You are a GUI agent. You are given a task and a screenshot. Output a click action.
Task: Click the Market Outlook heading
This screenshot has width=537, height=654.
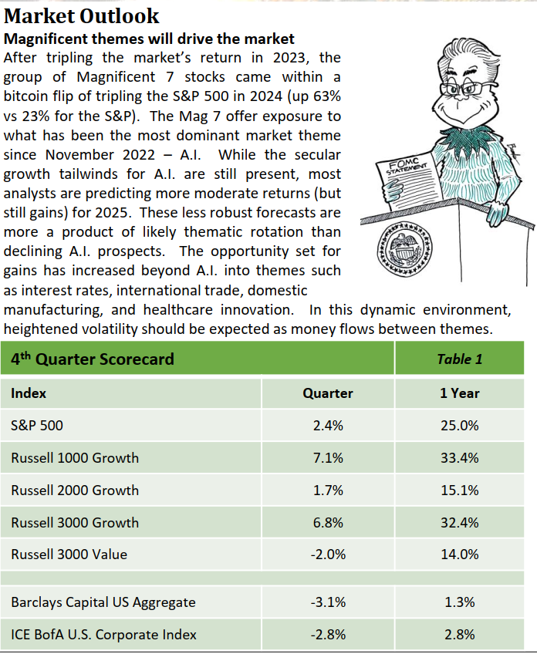82,15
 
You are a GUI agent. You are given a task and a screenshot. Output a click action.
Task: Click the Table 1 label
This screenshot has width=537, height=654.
459,359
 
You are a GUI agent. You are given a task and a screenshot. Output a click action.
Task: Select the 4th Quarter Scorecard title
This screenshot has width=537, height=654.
92,359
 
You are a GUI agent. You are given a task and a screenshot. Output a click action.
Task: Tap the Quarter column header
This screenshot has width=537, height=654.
328,393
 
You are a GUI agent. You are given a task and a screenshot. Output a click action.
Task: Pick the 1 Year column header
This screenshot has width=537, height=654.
459,393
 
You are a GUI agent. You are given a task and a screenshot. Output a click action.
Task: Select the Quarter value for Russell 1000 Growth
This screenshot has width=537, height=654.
328,458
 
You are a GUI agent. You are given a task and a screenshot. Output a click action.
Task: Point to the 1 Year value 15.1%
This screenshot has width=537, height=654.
459,490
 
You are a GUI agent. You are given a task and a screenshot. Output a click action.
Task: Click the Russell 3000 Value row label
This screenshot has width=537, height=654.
69,555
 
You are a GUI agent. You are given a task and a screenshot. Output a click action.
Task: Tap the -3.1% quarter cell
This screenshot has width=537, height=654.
328,602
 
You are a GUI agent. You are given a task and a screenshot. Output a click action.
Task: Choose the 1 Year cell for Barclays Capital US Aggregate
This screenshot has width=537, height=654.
459,602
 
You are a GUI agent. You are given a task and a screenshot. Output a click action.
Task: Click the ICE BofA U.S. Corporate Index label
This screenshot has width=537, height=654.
103,635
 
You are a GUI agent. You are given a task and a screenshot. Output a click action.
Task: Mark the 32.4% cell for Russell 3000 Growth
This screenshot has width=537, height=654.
459,523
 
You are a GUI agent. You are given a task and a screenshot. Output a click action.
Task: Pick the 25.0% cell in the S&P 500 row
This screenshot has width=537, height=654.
459,426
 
